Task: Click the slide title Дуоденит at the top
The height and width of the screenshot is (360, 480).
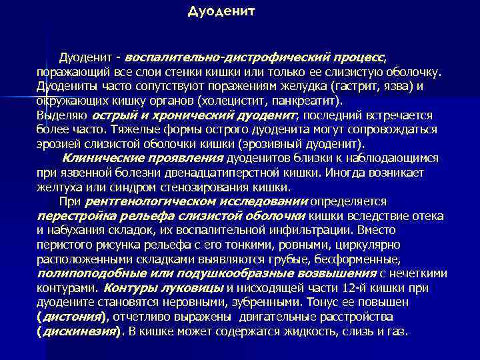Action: [221, 12]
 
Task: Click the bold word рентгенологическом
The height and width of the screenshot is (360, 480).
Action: [146, 201]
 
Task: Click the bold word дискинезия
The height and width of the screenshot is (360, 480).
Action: [79, 331]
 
